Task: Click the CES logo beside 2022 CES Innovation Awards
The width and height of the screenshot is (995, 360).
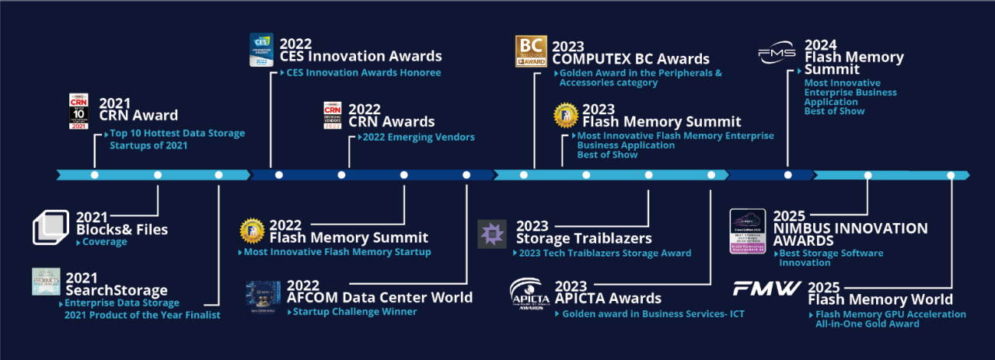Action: pyautogui.click(x=261, y=50)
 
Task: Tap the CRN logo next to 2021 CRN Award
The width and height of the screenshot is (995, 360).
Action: pyautogui.click(x=79, y=111)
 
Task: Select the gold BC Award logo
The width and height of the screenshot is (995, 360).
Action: pyautogui.click(x=531, y=51)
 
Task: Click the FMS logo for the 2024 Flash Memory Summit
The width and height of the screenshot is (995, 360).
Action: pyautogui.click(x=777, y=54)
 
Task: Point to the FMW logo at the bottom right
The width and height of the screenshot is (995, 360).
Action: pyautogui.click(x=766, y=288)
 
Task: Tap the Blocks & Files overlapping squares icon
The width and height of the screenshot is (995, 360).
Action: pyautogui.click(x=51, y=227)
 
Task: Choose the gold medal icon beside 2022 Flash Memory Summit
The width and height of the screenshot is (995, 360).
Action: pyautogui.click(x=252, y=231)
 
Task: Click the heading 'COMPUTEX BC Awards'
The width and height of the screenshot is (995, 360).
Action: pyautogui.click(x=630, y=59)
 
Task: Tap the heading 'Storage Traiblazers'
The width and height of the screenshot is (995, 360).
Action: pyautogui.click(x=584, y=238)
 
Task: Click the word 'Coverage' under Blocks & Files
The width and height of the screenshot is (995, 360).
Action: pyautogui.click(x=105, y=242)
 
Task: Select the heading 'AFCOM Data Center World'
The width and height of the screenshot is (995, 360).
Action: pyautogui.click(x=379, y=298)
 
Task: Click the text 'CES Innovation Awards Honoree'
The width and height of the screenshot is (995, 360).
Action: pyautogui.click(x=363, y=73)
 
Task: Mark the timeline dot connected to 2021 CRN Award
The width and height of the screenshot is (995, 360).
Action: pyautogui.click(x=95, y=175)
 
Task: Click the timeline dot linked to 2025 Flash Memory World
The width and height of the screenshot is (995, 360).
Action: pyautogui.click(x=950, y=175)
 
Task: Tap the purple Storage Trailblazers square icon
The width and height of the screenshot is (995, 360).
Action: pyautogui.click(x=491, y=234)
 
